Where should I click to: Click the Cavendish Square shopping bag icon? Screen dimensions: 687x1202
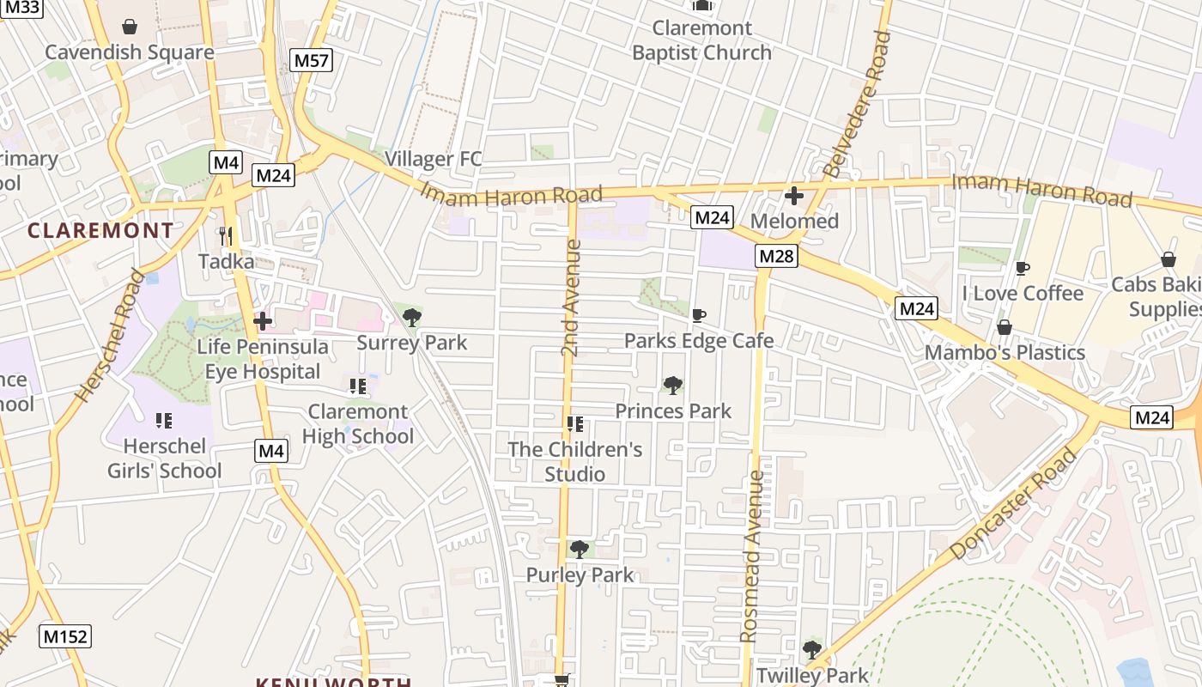point(130,27)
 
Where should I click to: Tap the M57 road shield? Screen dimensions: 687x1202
point(312,60)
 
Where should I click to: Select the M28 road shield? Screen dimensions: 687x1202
point(777,256)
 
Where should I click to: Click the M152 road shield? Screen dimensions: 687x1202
point(65,636)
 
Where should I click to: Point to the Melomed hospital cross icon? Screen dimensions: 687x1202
point(794,196)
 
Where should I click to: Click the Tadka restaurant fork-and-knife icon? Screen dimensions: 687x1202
point(226,235)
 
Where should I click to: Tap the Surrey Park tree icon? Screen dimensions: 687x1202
point(412,318)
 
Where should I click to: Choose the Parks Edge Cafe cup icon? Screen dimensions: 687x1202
point(699,315)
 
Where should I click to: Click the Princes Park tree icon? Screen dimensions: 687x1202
point(673,386)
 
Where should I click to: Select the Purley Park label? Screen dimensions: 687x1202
point(580,575)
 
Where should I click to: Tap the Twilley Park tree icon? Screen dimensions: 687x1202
point(812,650)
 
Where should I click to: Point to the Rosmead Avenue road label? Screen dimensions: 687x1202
point(751,556)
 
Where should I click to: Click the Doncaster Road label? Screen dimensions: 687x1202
point(1014,505)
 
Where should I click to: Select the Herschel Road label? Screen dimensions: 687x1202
point(110,337)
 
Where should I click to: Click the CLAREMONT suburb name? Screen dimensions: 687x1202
point(100,230)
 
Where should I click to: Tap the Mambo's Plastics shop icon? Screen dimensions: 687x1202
point(1004,327)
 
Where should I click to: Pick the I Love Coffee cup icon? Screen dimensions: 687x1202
point(1022,268)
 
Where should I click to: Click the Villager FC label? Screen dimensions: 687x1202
point(433,159)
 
